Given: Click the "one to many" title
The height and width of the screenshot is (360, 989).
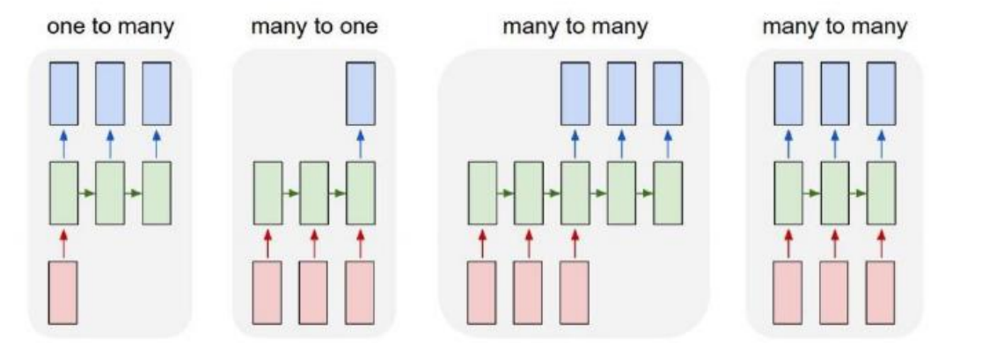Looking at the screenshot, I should (110, 26).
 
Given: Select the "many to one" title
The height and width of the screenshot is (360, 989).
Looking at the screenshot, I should (314, 26).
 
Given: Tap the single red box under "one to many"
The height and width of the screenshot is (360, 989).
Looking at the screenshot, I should (62, 292).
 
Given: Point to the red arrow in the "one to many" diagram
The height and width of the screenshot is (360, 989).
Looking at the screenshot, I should (62, 241).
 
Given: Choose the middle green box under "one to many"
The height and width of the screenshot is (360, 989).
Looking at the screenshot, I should (110, 192).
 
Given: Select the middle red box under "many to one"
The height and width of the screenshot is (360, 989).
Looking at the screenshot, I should (314, 292).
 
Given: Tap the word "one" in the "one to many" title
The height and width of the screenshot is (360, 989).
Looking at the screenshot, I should (66, 26).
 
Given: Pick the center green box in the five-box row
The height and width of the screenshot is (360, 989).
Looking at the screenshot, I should (575, 192).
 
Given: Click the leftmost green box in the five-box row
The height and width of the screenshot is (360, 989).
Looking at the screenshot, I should (482, 192).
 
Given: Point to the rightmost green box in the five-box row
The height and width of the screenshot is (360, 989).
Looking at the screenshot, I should (668, 192).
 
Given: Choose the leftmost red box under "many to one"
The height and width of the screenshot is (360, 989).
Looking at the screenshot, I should (268, 292).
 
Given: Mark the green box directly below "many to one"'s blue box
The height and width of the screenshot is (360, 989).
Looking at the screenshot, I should (361, 192).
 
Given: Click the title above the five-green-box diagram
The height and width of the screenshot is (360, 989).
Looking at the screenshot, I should (575, 26).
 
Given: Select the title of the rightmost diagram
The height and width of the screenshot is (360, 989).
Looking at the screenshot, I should (834, 26).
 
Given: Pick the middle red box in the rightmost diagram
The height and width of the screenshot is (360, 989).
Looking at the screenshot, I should (834, 292).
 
